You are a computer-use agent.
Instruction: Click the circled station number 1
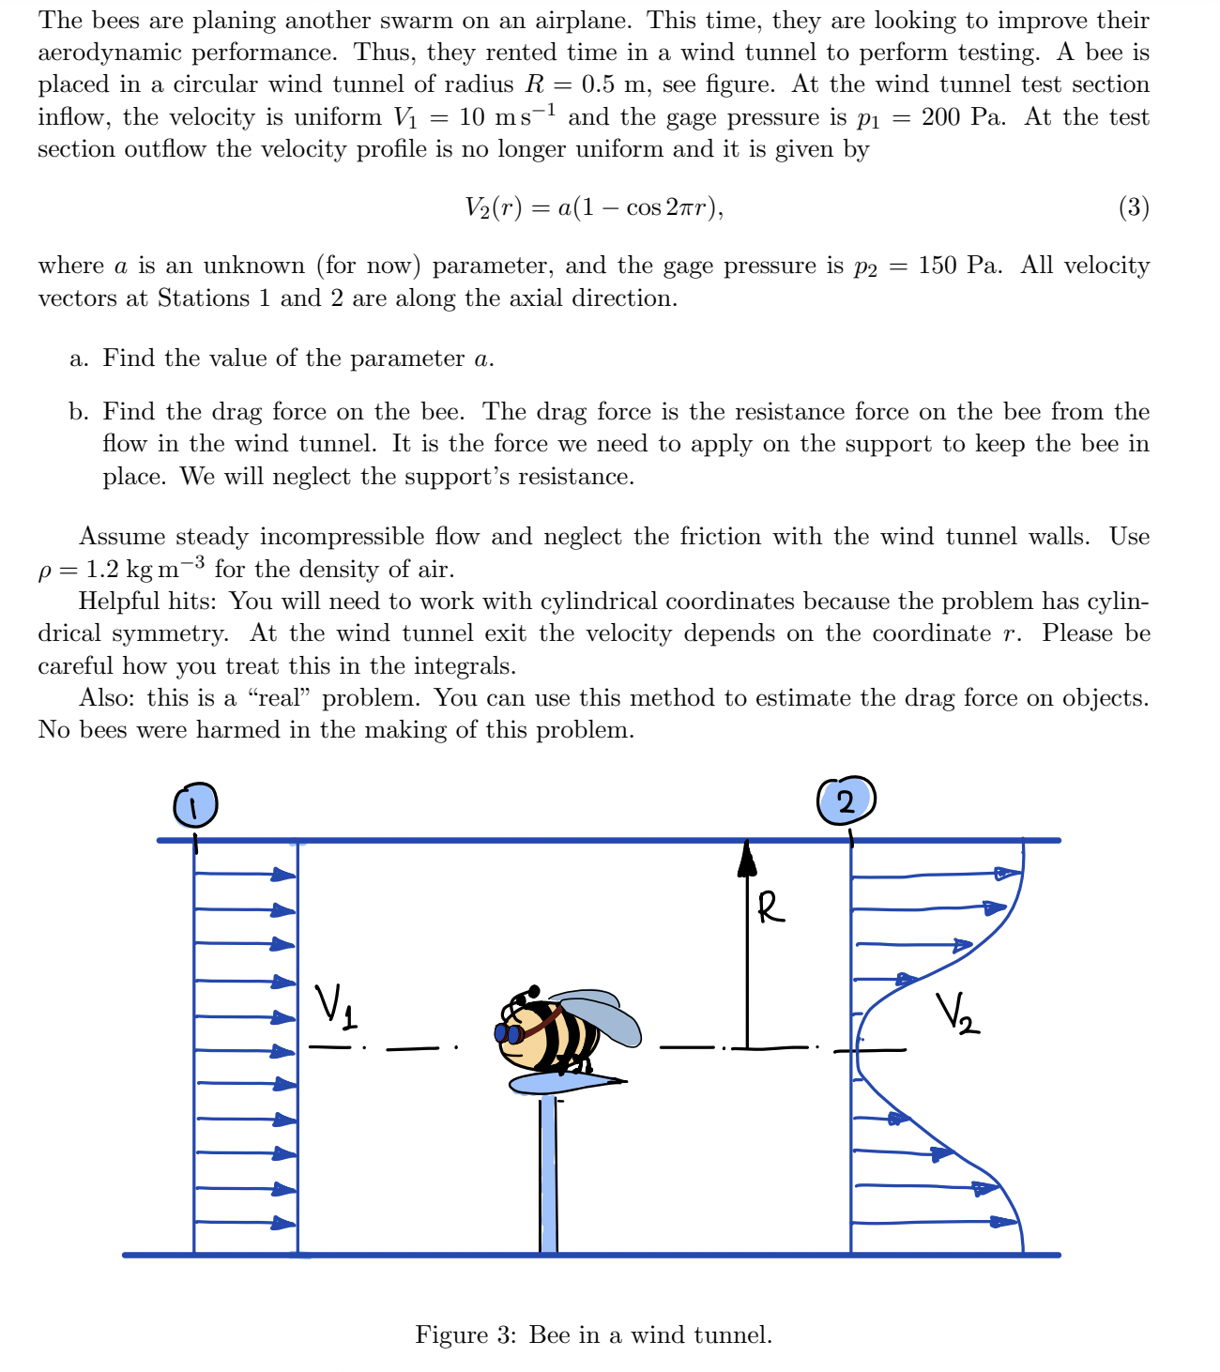tap(194, 804)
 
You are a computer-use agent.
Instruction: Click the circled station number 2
tap(846, 800)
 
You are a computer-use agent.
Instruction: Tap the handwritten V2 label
tap(957, 1014)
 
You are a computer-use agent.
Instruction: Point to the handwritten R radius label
tap(770, 907)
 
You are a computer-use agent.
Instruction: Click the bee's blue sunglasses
tap(510, 1033)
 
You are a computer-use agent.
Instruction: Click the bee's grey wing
tap(601, 1014)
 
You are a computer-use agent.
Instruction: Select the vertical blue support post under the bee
tap(549, 1173)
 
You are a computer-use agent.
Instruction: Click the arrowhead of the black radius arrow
tap(747, 856)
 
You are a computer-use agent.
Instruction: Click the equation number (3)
tap(1134, 207)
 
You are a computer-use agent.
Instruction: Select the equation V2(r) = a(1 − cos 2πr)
tap(594, 207)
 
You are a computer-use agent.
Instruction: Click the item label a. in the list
tap(79, 358)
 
